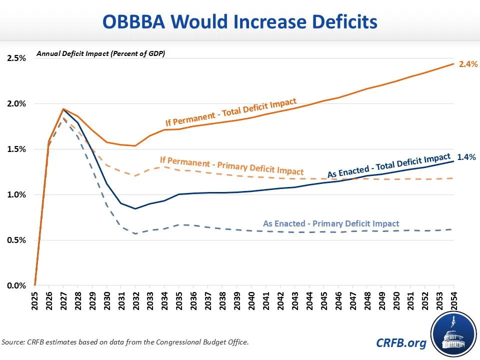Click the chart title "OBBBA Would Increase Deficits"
(x=240, y=22)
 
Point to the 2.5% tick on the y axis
(x=16, y=58)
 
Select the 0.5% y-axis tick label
(x=16, y=240)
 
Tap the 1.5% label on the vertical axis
(x=16, y=149)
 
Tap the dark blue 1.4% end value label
(x=467, y=157)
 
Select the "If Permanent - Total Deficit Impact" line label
(x=231, y=112)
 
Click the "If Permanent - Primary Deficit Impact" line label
(x=231, y=165)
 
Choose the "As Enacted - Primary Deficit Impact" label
(x=331, y=224)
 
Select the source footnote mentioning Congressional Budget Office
(x=125, y=342)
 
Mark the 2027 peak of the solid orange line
(x=63, y=109)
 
